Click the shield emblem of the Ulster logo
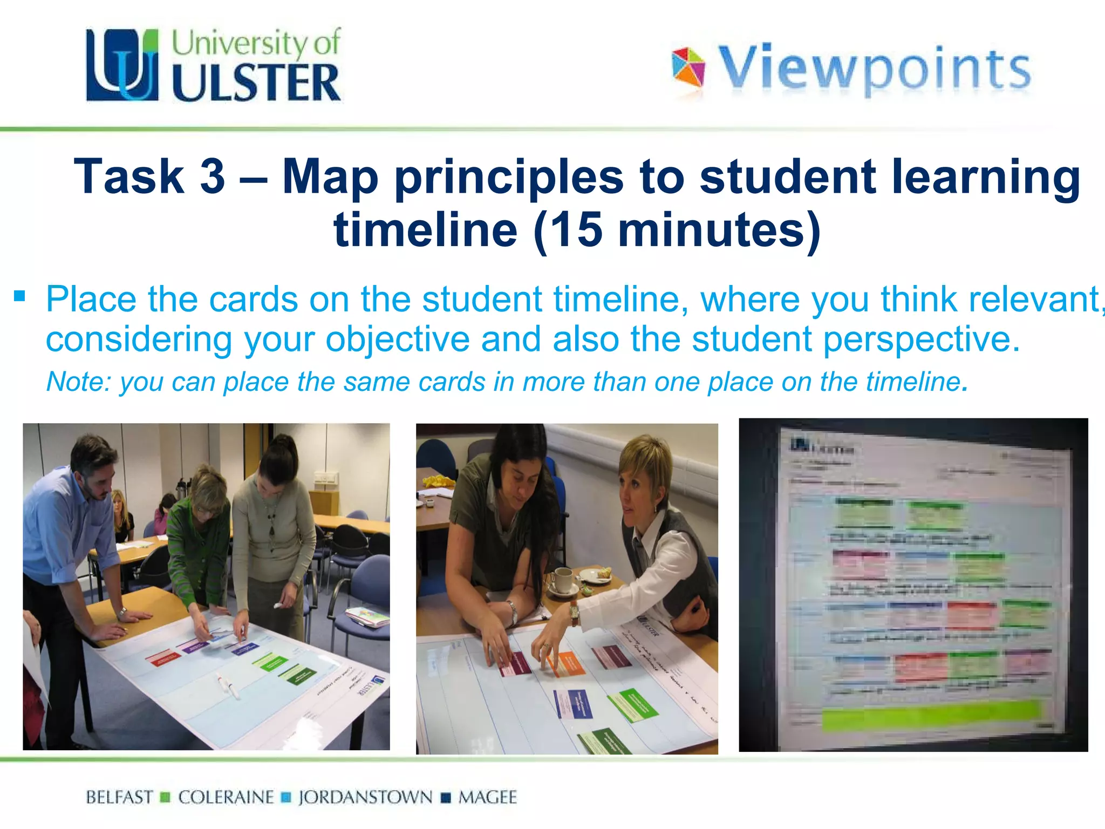click(x=122, y=65)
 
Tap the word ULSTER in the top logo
click(x=256, y=83)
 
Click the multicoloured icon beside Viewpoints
click(x=688, y=67)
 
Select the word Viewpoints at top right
click(x=874, y=69)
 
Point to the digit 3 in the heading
click(x=212, y=176)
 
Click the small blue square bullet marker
click(x=20, y=296)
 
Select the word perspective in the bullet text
click(x=918, y=339)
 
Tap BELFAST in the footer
click(x=119, y=797)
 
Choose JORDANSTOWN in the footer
click(x=365, y=797)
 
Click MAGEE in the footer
click(x=487, y=797)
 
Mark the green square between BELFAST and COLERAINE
click(x=165, y=797)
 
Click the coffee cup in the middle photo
click(x=562, y=580)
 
